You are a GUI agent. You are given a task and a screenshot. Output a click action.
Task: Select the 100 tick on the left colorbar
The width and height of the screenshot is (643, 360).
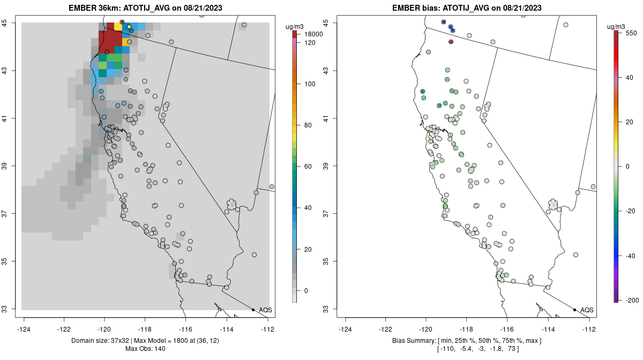tap(310, 84)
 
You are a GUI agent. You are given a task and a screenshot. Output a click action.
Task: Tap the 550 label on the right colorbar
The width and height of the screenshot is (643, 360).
tap(630, 33)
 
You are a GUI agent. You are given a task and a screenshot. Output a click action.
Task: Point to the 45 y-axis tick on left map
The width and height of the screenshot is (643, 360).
tap(9, 23)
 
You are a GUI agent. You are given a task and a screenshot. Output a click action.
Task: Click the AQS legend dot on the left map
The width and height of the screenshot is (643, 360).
tap(253, 310)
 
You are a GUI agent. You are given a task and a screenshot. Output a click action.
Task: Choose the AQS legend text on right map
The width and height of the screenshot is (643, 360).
tap(587, 310)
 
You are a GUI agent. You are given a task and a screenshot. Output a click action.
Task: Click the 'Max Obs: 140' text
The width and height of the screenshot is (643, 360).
tap(145, 349)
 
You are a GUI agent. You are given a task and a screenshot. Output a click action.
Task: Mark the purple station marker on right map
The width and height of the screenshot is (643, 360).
tap(443, 22)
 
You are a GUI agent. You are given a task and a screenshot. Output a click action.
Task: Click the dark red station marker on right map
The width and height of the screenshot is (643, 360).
tap(451, 42)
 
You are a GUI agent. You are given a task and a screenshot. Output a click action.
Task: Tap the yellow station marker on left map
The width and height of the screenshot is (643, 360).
tap(129, 27)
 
